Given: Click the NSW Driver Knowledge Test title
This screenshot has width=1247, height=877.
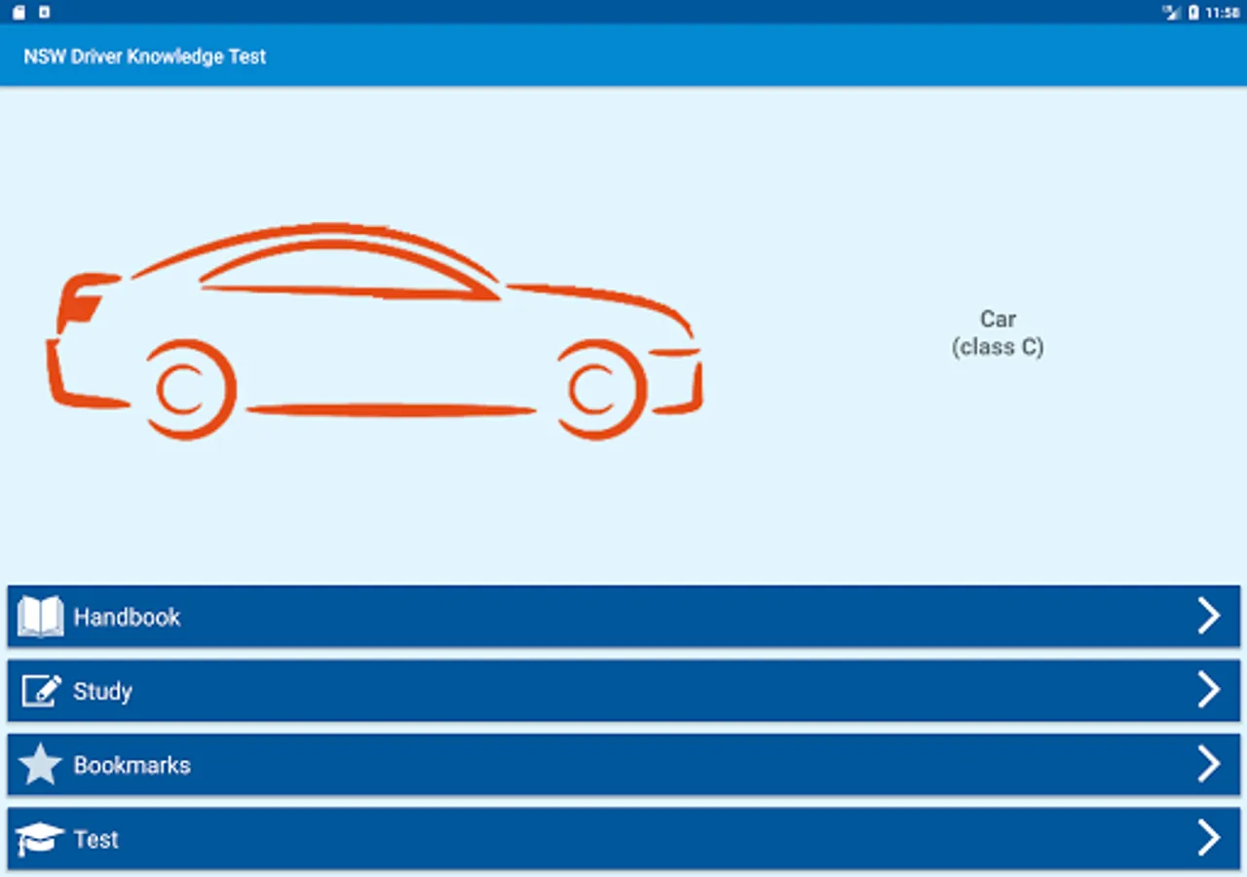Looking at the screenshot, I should (144, 57).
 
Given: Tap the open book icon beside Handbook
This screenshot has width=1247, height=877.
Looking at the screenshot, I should (40, 617).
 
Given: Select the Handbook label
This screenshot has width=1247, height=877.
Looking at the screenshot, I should (127, 617).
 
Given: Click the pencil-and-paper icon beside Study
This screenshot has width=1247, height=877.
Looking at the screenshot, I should (41, 691).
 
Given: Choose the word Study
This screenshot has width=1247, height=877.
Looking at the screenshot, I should (102, 691).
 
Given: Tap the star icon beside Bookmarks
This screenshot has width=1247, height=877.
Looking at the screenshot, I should (40, 765).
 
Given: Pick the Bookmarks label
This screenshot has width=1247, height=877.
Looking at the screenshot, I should (132, 765).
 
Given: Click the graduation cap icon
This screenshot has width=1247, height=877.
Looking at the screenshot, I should (40, 839).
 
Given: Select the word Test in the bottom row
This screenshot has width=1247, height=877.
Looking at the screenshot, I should (95, 839).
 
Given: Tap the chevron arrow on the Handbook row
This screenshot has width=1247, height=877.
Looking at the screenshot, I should (1208, 617).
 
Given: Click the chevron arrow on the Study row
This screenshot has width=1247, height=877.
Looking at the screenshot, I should (1208, 691).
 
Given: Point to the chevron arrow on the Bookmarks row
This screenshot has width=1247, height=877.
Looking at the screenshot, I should (1208, 765).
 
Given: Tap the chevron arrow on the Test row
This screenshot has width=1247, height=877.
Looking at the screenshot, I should (1208, 838).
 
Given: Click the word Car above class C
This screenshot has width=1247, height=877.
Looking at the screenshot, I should (998, 319).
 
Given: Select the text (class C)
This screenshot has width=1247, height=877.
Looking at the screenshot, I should (998, 347).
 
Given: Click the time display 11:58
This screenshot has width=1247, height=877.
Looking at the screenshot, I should (1223, 13).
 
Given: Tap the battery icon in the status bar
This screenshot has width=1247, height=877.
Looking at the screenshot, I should (1193, 13).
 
